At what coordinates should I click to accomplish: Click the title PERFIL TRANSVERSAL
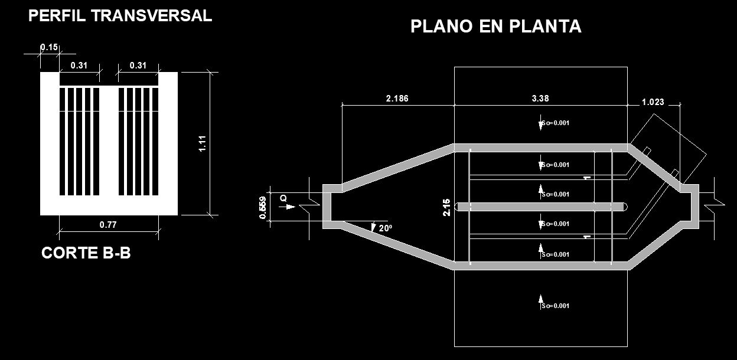[x=120, y=16]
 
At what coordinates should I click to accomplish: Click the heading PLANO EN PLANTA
[x=495, y=27]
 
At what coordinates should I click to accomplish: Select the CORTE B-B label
[x=86, y=253]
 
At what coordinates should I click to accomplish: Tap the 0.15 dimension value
[x=49, y=47]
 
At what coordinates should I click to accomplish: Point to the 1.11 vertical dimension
[x=202, y=143]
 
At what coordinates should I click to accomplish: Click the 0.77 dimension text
[x=108, y=224]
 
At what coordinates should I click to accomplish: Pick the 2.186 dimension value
[x=397, y=99]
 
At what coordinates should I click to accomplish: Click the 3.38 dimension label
[x=540, y=99]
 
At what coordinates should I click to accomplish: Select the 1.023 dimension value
[x=653, y=102]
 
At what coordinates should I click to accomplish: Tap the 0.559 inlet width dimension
[x=263, y=207]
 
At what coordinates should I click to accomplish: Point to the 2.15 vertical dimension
[x=446, y=207]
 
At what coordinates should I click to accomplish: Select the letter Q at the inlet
[x=283, y=199]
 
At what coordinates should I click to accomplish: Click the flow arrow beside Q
[x=290, y=207]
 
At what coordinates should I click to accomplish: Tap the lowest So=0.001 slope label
[x=555, y=306]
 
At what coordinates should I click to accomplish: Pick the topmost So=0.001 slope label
[x=555, y=123]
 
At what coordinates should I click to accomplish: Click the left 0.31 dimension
[x=79, y=66]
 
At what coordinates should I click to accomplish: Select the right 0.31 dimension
[x=138, y=66]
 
